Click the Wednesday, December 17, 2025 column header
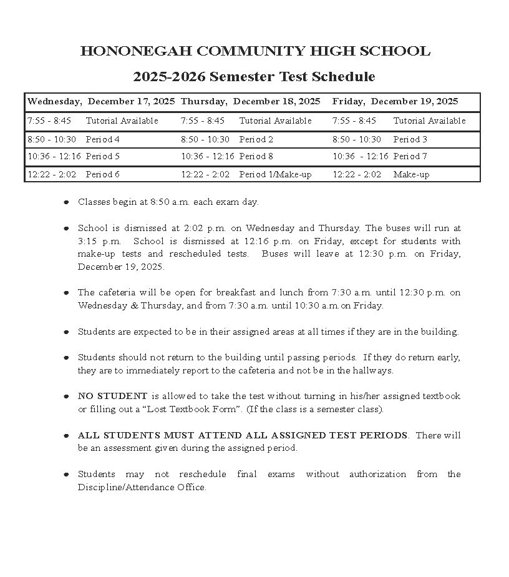101,101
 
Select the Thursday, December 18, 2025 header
250,101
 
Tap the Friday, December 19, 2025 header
395,101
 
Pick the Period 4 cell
103,139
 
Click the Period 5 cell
103,156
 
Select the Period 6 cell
103,174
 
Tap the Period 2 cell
256,139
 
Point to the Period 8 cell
256,156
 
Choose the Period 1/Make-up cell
275,174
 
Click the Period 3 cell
410,139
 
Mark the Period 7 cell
410,156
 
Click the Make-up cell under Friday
411,174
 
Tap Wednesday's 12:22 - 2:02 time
52,174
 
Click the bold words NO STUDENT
112,396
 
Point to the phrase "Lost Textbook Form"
206,410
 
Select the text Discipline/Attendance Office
142,488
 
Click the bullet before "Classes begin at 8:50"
66,202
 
